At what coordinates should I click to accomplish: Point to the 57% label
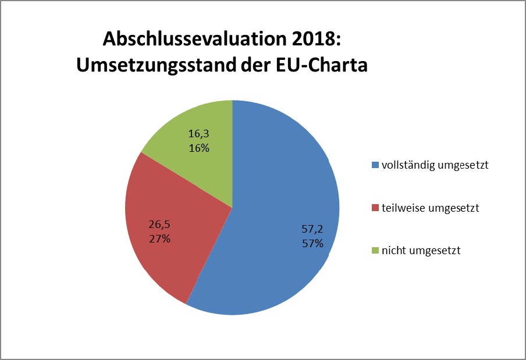pyautogui.click(x=312, y=244)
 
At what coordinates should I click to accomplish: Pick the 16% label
pyautogui.click(x=199, y=148)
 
